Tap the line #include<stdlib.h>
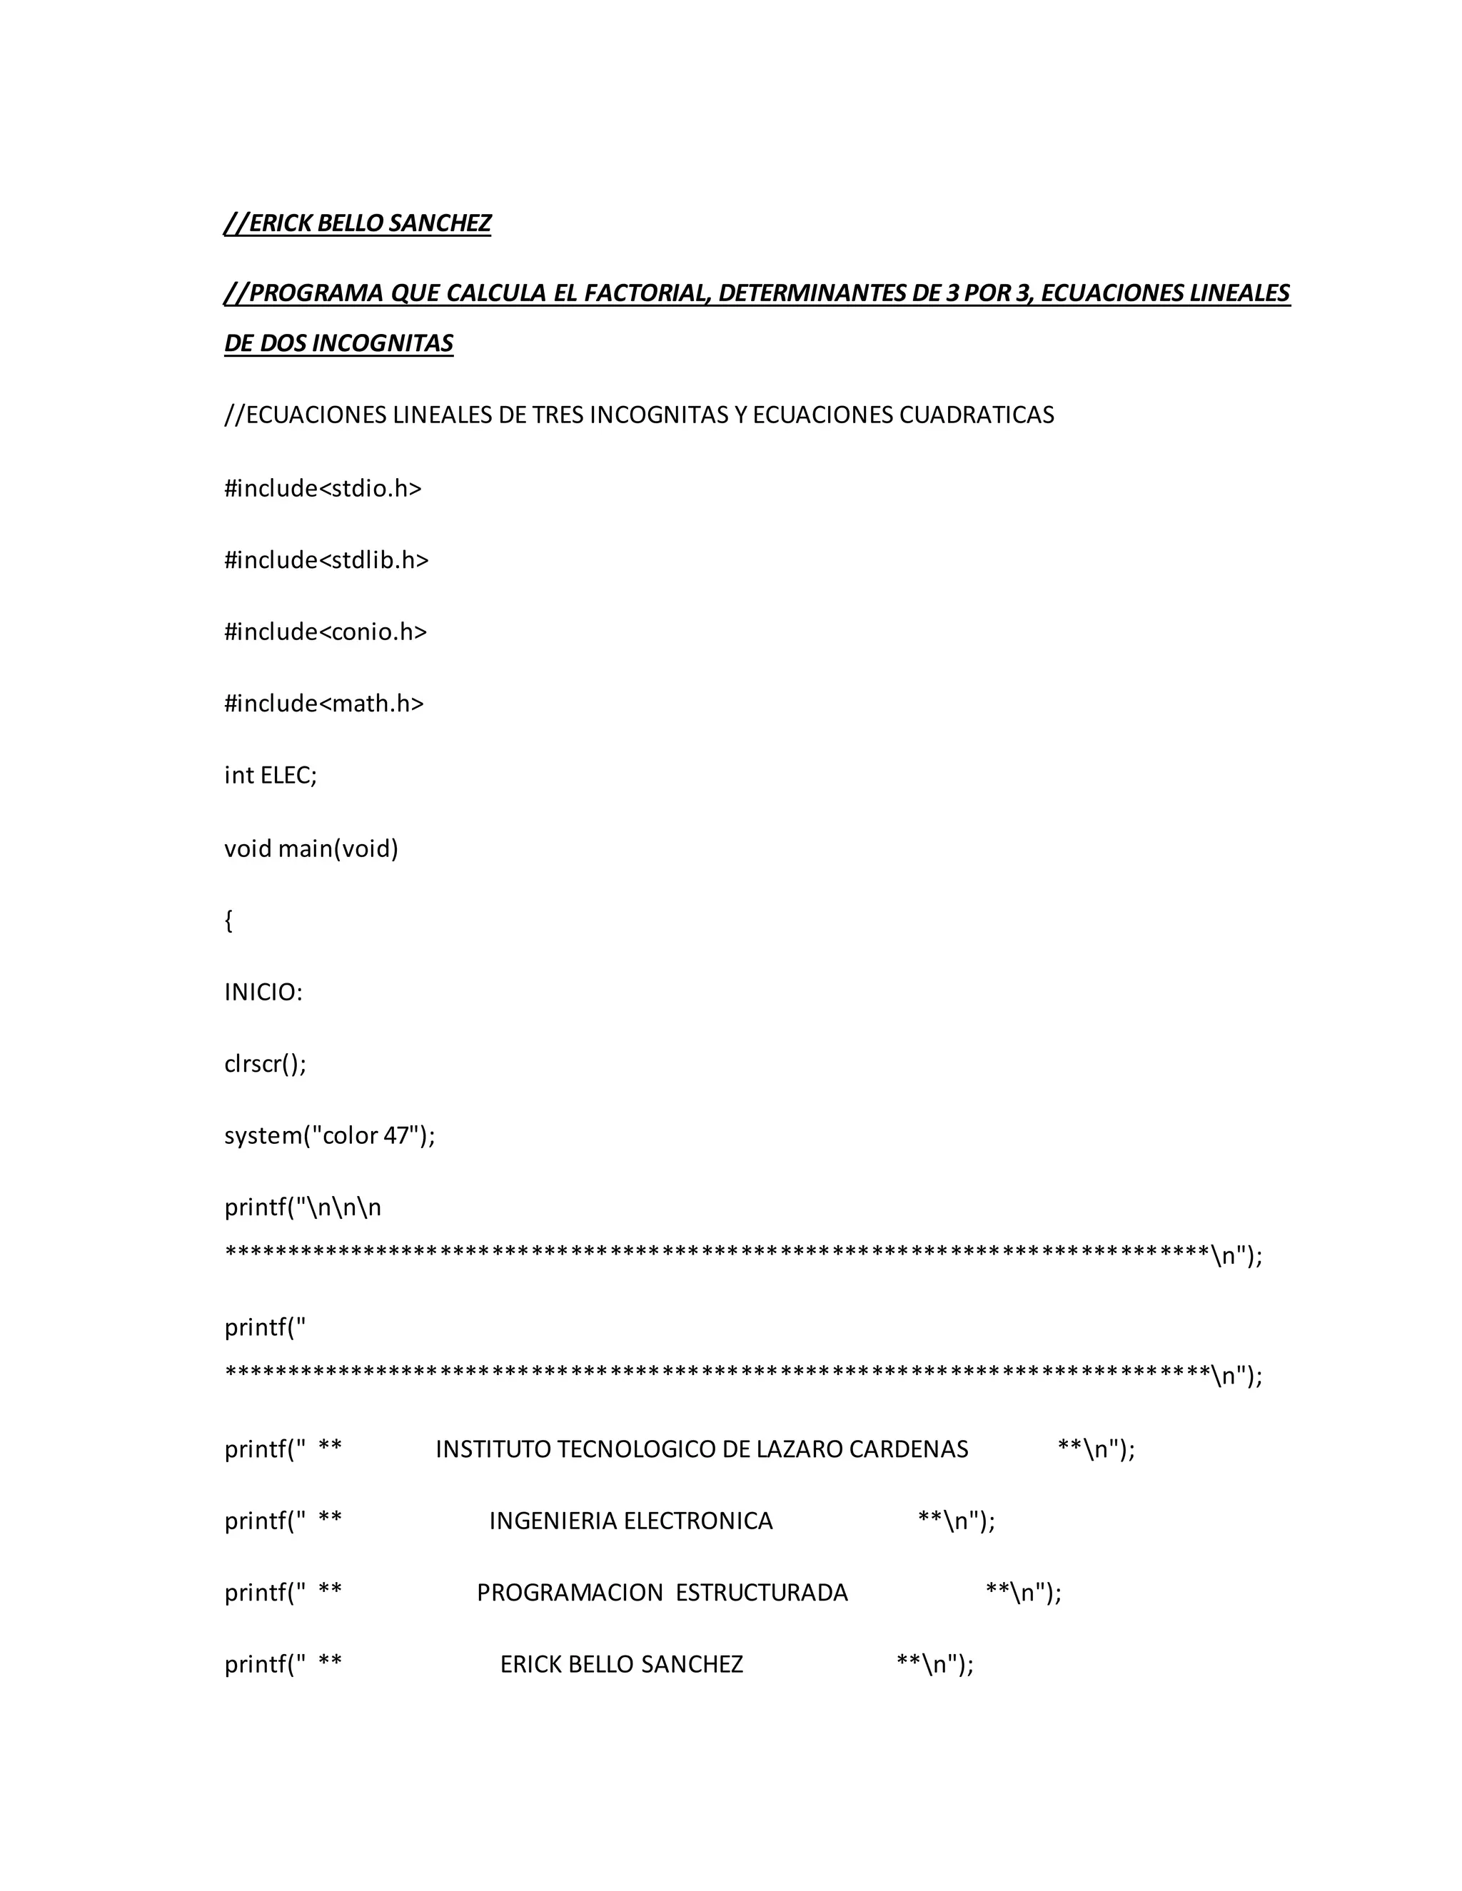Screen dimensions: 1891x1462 click(x=326, y=561)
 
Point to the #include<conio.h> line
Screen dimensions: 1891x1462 click(x=326, y=632)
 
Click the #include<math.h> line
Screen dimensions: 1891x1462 click(x=324, y=704)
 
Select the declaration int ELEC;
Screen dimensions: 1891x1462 click(x=271, y=776)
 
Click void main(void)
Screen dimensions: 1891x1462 click(x=311, y=848)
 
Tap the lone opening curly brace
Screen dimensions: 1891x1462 click(x=228, y=921)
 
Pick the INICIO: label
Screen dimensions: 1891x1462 click(x=263, y=993)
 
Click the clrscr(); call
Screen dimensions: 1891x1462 click(x=265, y=1064)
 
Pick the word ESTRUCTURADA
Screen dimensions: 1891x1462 click(x=761, y=1593)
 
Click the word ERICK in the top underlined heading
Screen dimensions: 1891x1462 click(x=281, y=223)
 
